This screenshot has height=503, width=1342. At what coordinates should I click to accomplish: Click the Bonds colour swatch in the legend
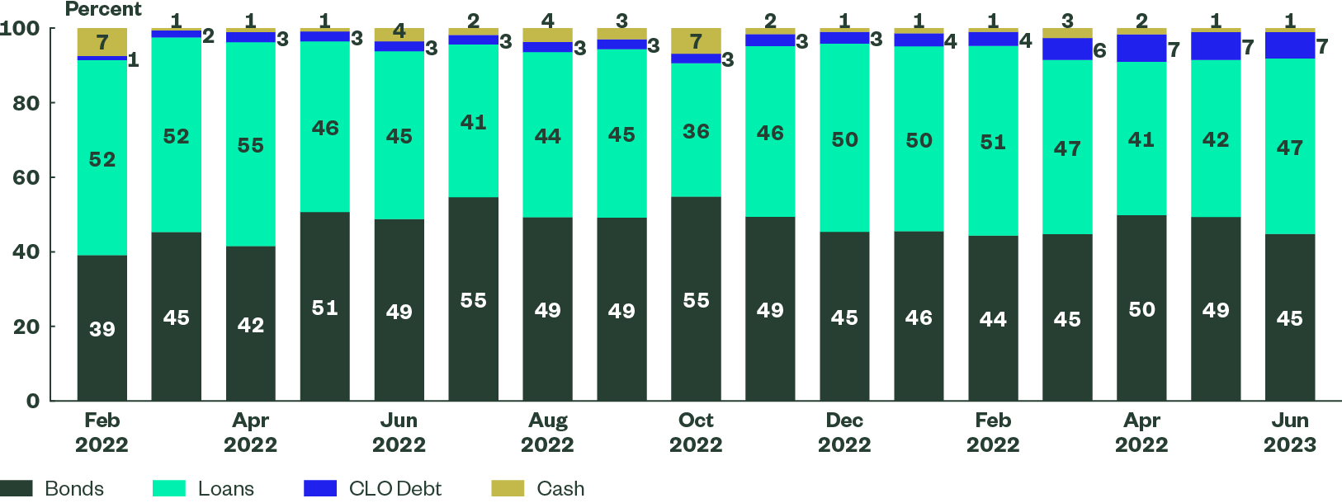click(x=17, y=488)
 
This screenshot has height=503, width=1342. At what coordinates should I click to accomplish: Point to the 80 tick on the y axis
click(x=26, y=103)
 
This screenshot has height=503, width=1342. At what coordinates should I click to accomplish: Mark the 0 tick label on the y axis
click(x=33, y=401)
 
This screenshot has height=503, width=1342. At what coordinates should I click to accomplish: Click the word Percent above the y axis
click(x=103, y=9)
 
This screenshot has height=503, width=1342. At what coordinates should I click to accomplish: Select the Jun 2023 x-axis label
click(x=1290, y=432)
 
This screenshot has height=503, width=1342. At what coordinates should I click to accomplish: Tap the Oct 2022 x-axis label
click(x=696, y=432)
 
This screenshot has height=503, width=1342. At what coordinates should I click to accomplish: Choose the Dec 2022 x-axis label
click(x=844, y=432)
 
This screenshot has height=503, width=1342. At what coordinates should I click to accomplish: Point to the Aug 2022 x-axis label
click(x=547, y=432)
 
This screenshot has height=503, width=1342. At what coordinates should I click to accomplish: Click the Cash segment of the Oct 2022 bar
click(x=696, y=40)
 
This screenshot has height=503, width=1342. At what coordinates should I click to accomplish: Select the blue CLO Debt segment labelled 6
click(x=1067, y=49)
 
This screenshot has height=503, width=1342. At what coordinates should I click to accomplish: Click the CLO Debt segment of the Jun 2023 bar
click(x=1290, y=45)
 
